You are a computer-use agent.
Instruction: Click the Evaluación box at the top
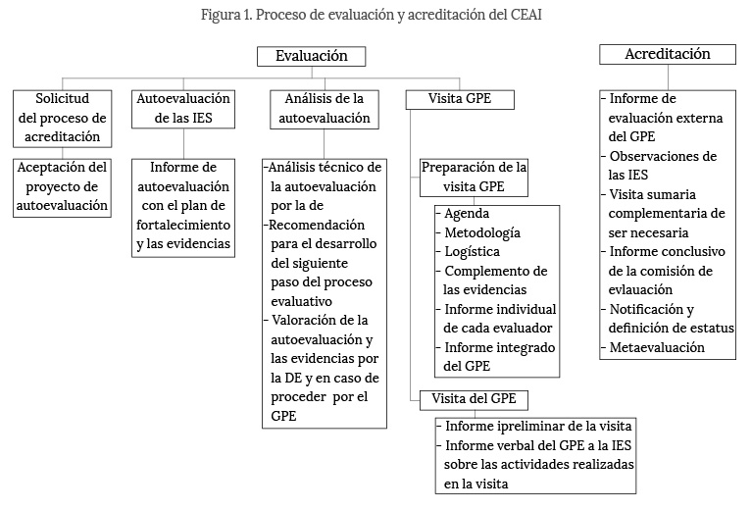click(311, 57)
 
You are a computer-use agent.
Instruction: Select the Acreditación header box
click(667, 55)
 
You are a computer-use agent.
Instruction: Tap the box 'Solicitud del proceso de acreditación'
click(63, 118)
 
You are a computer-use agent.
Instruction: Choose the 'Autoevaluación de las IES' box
click(183, 109)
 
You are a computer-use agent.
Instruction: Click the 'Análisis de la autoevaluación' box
click(325, 109)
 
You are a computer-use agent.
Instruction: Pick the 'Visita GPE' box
click(460, 99)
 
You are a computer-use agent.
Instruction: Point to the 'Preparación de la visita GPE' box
click(475, 175)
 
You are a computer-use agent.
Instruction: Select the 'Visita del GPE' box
click(474, 399)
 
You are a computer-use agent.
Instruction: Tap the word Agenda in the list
click(467, 214)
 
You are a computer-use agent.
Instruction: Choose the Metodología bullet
click(481, 232)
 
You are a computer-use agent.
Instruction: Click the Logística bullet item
click(472, 251)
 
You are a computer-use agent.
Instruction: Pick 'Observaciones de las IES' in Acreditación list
click(663, 166)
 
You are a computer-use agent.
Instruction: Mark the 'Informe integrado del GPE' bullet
click(499, 356)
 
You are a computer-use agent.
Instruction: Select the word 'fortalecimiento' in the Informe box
click(182, 225)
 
